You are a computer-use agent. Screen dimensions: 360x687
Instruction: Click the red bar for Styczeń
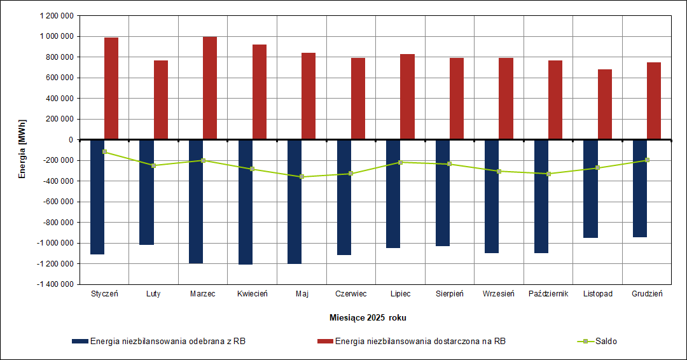point(111,88)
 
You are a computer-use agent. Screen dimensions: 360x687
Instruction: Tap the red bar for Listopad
point(605,104)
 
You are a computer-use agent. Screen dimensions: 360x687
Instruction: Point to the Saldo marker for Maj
point(302,177)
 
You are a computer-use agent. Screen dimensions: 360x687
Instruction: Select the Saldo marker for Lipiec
point(400,162)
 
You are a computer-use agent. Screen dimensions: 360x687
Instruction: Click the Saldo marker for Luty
point(153,165)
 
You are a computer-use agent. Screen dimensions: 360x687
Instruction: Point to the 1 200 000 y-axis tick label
point(56,16)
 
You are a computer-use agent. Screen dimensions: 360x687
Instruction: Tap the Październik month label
point(548,294)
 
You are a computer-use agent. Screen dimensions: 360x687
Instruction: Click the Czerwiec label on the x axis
point(351,294)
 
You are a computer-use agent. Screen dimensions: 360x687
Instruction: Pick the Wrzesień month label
point(499,294)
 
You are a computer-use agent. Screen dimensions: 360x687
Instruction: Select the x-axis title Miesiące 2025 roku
point(368,317)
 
